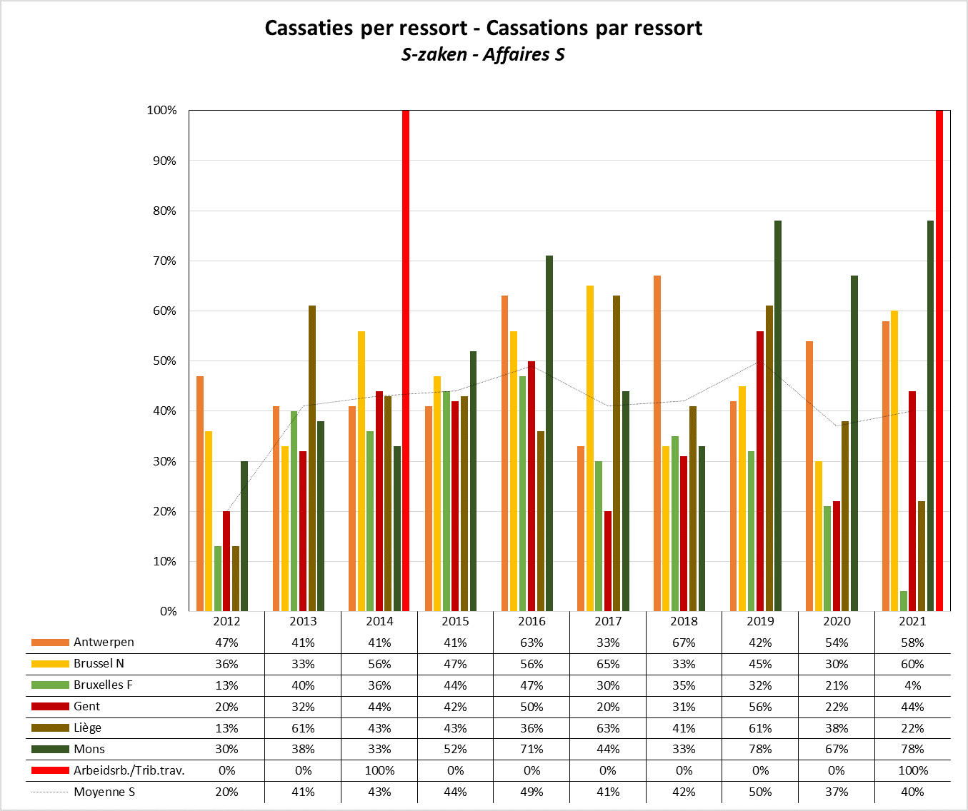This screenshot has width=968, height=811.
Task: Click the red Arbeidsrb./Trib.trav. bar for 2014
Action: (406, 361)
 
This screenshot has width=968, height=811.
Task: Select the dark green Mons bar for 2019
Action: (778, 415)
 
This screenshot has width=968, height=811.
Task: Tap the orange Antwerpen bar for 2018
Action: (657, 443)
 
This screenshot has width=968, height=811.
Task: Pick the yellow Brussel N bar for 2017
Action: (590, 448)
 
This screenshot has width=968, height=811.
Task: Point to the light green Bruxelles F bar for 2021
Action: (904, 601)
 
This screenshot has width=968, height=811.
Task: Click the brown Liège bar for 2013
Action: (312, 458)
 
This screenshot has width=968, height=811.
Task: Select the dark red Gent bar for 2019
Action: (760, 471)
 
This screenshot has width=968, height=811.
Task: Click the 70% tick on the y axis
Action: (162, 261)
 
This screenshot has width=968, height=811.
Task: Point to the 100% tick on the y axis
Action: (162, 111)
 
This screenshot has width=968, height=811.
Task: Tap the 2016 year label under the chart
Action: (532, 621)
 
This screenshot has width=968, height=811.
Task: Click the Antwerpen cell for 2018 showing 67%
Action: (684, 643)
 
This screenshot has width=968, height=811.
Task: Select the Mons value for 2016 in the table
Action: (532, 750)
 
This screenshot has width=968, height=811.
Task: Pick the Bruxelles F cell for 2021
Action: (912, 685)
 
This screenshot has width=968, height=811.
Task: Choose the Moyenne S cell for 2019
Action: (760, 792)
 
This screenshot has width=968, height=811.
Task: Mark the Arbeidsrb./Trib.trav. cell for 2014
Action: (379, 771)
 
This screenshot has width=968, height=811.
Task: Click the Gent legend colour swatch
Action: (50, 707)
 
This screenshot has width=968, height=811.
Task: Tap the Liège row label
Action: (87, 728)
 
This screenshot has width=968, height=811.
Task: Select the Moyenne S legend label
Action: (104, 792)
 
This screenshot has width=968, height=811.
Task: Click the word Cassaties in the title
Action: (309, 29)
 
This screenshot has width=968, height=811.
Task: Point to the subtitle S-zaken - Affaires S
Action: (483, 55)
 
